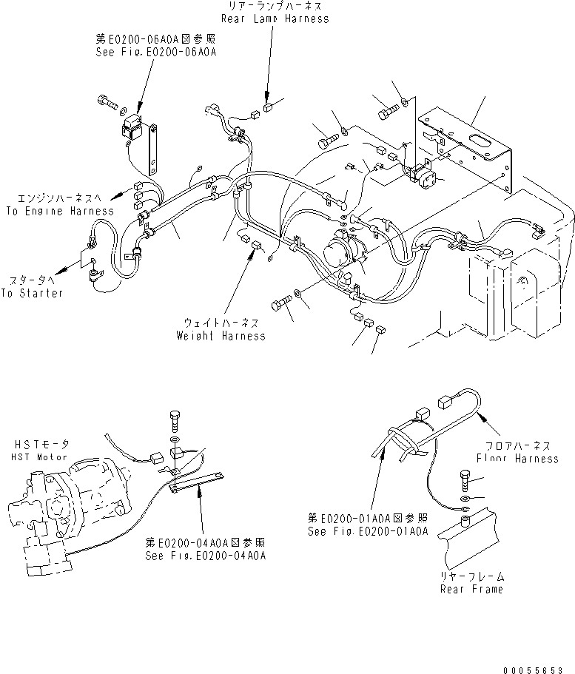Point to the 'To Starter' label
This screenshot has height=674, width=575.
32,292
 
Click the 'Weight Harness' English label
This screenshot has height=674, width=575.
221,335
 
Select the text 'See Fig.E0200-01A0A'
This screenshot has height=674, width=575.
369,531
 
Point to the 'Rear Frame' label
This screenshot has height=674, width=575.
471,589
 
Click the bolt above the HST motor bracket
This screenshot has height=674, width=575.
174,419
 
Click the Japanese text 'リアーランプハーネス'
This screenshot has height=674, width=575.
277,6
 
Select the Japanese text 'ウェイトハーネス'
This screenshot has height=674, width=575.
221,323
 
